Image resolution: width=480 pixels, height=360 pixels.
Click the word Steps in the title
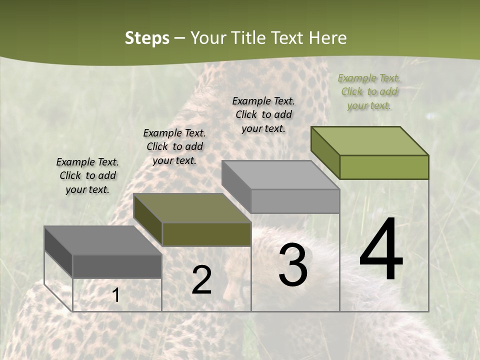pos(147,38)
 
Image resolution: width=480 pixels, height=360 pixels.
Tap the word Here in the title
pos(327,38)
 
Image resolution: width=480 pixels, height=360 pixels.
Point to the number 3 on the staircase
pos(292,265)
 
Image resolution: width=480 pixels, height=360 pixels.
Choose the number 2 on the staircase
pos(201,280)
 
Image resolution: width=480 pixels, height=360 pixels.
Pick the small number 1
pos(116,295)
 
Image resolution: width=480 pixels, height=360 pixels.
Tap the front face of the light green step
pos(384,167)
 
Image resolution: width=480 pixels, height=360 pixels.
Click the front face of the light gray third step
pos(295,201)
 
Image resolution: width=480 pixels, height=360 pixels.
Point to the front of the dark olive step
pos(206,234)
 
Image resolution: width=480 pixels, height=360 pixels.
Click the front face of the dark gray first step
pos(117,266)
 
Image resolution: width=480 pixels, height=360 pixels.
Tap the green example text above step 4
pos(369,91)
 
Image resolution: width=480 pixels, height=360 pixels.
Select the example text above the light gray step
pos(263,114)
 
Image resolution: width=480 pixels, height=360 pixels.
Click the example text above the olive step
pos(174,146)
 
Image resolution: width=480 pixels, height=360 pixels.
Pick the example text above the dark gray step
pos(87,175)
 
